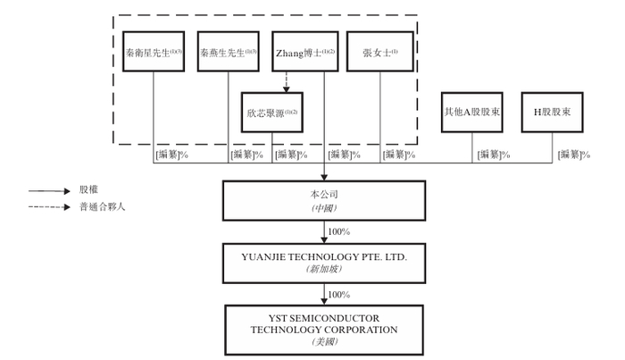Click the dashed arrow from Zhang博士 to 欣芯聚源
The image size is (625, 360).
pyautogui.click(x=287, y=82)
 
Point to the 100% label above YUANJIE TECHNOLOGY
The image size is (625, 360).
pyautogui.click(x=338, y=231)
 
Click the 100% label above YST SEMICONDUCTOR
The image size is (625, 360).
pyautogui.click(x=338, y=295)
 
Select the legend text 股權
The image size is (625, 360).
pyautogui.click(x=88, y=189)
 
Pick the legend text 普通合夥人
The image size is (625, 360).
pyautogui.click(x=103, y=207)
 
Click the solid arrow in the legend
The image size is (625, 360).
pyautogui.click(x=49, y=191)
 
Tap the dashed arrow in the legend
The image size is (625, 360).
pyautogui.click(x=49, y=207)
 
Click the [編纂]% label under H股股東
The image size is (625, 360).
pyautogui.click(x=574, y=155)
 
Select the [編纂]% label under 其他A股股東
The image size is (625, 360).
pyautogui.click(x=494, y=155)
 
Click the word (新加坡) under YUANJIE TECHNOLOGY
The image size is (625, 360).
pyautogui.click(x=324, y=269)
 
